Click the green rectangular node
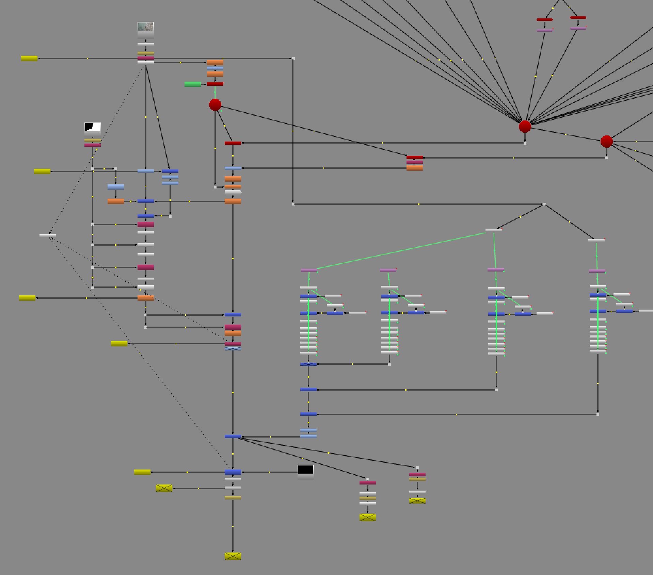192,84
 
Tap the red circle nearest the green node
215,105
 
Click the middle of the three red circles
525,126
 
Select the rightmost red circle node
606,142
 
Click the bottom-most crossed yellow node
233,556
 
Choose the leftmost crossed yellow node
164,488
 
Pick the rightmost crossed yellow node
417,501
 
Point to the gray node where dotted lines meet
48,235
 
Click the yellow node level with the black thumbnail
142,472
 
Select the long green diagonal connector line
402,250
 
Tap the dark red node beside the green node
215,84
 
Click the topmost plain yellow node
29,59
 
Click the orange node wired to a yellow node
145,298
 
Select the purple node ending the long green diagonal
309,270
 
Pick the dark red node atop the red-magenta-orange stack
414,158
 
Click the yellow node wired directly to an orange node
27,298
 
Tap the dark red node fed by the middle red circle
233,143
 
